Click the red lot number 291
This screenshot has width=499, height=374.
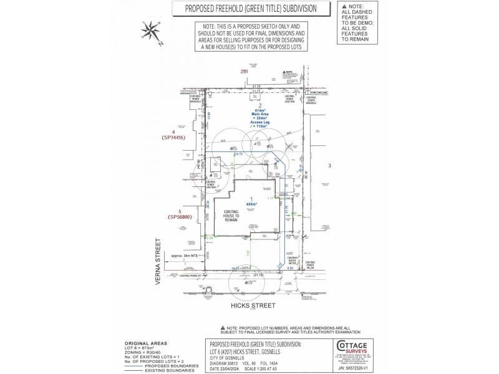pyautogui.click(x=245, y=72)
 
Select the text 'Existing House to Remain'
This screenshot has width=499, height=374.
pyautogui.click(x=232, y=215)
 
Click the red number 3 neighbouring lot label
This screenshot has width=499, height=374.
pyautogui.click(x=329, y=165)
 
